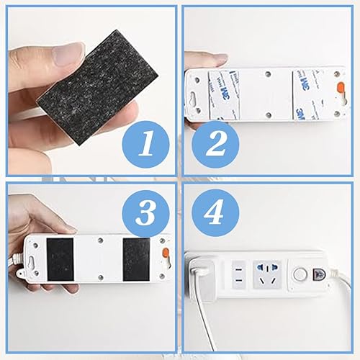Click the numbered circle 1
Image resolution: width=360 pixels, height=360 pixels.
coord(145,145)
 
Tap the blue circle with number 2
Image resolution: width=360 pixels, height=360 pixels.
coord(215,145)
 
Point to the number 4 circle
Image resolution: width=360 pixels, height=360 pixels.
coord(215,213)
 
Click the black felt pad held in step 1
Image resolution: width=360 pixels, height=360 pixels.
coord(97,88)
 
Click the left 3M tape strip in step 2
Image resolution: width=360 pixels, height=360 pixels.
coord(224,95)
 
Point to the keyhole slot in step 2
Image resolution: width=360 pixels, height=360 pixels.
coord(193,99)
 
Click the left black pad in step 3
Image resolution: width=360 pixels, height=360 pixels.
coord(60,260)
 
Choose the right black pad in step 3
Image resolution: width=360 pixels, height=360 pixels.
coord(136,260)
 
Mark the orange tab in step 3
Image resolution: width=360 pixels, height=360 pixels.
coord(166,254)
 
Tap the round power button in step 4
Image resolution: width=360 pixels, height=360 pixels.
coord(300,275)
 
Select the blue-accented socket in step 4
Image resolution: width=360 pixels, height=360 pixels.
coord(268,274)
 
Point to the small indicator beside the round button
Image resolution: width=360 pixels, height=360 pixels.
coord(318,274)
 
